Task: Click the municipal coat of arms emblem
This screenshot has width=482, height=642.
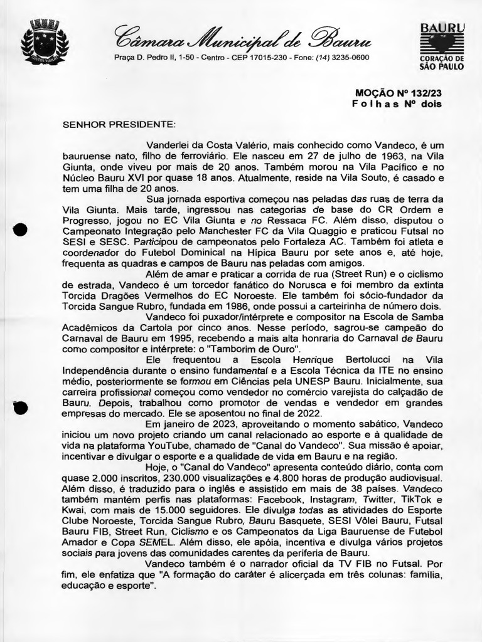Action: coord(45,42)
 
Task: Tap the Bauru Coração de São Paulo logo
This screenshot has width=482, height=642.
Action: coord(442,46)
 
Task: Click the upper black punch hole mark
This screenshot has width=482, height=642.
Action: coord(21,229)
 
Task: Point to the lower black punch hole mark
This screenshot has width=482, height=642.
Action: coord(20,407)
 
